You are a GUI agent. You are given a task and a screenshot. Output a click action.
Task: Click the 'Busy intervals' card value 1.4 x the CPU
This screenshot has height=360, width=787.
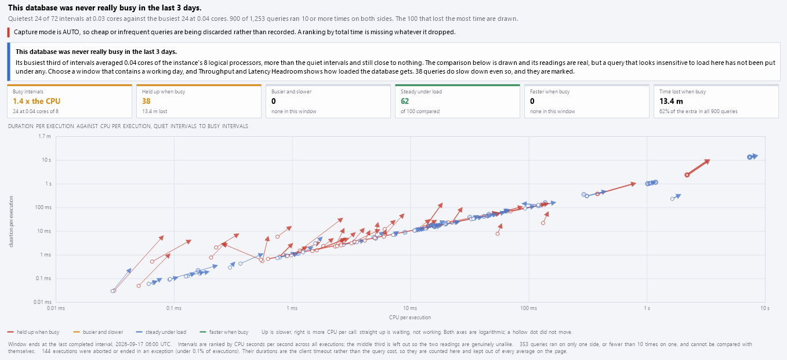(x=37, y=101)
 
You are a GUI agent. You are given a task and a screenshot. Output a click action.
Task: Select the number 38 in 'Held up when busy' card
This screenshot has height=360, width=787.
(x=146, y=101)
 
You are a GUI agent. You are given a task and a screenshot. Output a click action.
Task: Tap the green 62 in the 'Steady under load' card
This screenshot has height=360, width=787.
(x=405, y=101)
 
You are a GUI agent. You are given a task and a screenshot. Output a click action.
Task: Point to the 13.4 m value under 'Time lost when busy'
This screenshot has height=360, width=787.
(x=671, y=101)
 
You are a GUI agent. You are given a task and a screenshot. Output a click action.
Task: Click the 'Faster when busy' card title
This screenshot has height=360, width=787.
(x=549, y=92)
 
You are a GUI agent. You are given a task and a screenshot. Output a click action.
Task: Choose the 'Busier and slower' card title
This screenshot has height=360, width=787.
(x=291, y=92)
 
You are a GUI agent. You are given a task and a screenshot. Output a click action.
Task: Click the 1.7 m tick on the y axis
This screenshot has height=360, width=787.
(x=45, y=136)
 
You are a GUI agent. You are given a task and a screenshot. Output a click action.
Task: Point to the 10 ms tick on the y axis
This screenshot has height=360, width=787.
(x=44, y=231)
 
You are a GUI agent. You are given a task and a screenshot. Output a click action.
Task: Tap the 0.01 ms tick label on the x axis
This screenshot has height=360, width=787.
(x=56, y=308)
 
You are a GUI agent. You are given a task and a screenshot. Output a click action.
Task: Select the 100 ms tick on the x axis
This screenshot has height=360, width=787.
(x=528, y=308)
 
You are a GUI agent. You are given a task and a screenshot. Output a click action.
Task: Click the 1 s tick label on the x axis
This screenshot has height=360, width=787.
(x=647, y=308)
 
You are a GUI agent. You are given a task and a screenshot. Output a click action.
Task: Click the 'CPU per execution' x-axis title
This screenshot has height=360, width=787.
(x=409, y=318)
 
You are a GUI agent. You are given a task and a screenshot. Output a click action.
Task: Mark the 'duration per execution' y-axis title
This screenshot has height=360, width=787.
(x=11, y=221)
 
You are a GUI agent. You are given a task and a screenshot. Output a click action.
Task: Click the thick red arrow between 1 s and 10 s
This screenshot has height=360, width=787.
(x=698, y=168)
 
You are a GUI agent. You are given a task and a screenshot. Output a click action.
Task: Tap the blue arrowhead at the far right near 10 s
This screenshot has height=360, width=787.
(x=755, y=156)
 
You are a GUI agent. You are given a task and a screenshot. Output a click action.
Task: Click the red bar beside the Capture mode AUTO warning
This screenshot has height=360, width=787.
(x=9, y=32)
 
